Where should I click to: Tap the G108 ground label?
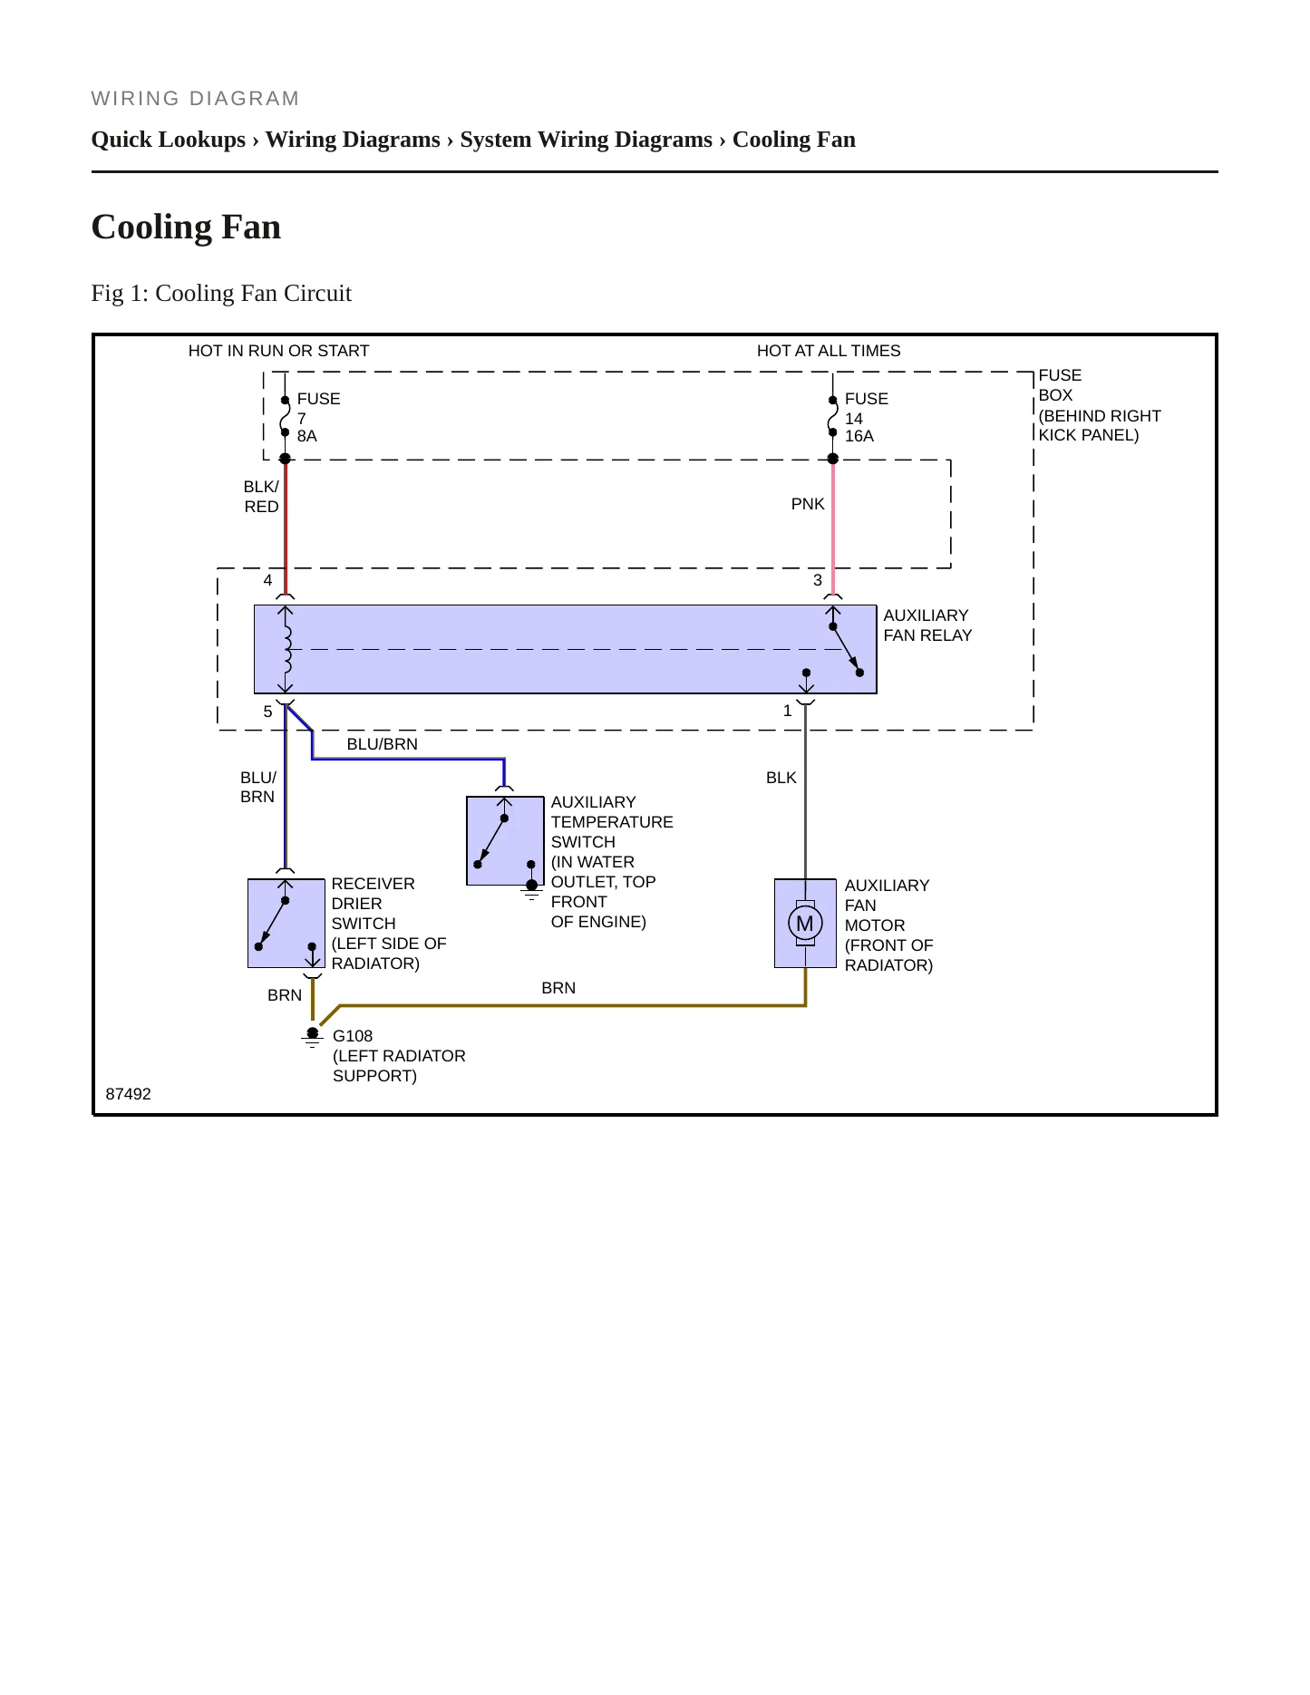click(353, 1036)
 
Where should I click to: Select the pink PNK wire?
click(833, 527)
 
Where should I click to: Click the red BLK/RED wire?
click(286, 527)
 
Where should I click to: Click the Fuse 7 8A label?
click(318, 417)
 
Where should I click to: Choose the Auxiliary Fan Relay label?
click(927, 625)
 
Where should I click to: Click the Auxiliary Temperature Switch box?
click(505, 841)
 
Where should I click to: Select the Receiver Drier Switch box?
click(286, 924)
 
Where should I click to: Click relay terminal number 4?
click(267, 580)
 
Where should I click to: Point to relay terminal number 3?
click(818, 580)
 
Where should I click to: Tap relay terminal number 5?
click(267, 712)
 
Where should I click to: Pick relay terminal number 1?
click(788, 712)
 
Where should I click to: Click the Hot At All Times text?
click(829, 351)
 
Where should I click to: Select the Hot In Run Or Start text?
click(278, 351)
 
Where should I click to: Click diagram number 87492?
click(129, 1094)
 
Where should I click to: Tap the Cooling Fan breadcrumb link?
click(794, 140)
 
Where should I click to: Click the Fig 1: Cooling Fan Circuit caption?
click(221, 294)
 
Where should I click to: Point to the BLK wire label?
click(781, 778)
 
